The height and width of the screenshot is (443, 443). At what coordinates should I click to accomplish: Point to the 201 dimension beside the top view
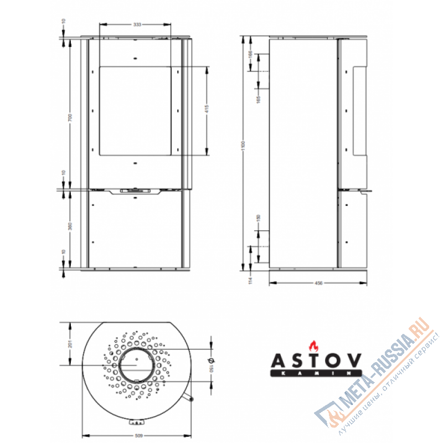pos(70,343)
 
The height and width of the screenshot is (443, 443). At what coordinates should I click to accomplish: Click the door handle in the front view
pos(135,190)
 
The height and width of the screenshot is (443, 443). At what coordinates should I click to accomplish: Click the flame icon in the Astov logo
pos(314,346)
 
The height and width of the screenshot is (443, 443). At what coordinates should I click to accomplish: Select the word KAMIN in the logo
pos(315,374)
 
